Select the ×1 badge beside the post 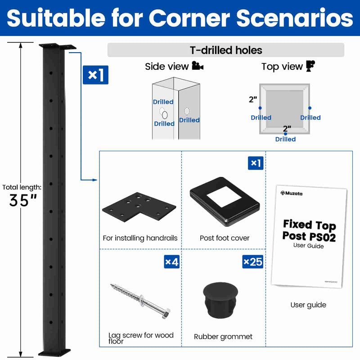pyautogui.click(x=95, y=75)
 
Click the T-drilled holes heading pyautogui.click(x=226, y=50)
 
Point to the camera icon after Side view pyautogui.click(x=197, y=67)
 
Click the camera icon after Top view pyautogui.click(x=310, y=66)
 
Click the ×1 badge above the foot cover pyautogui.click(x=256, y=163)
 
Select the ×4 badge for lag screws pyautogui.click(x=172, y=261)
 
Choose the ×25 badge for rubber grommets pyautogui.click(x=253, y=261)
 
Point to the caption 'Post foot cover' pyautogui.click(x=225, y=238)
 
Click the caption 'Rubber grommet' pyautogui.click(x=223, y=336)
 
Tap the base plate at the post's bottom pyautogui.click(x=54, y=351)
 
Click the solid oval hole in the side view pyautogui.click(x=165, y=115)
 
